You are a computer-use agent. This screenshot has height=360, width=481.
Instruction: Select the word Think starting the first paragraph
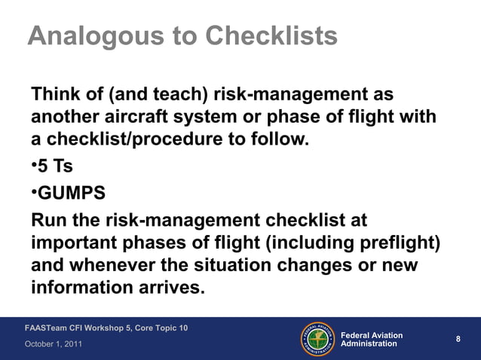coord(56,96)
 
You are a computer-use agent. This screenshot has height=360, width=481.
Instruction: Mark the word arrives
coord(171,288)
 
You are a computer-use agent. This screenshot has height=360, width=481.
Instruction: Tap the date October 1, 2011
coord(54,344)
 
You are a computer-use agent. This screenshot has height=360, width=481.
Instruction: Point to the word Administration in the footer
coord(369,344)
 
